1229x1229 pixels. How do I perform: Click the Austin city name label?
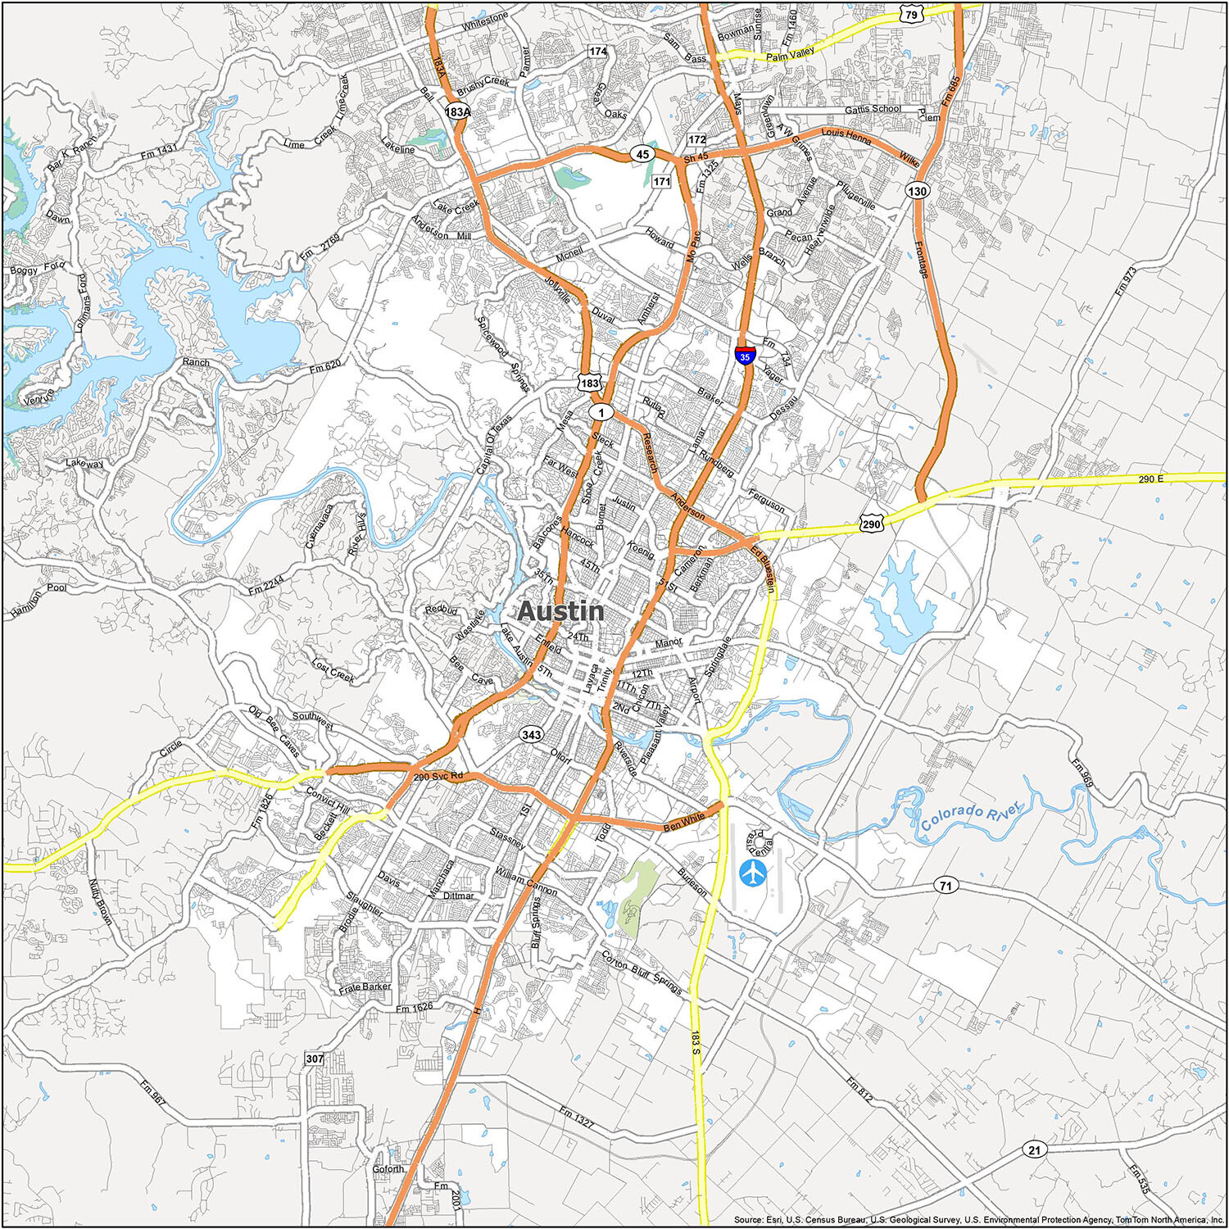tap(560, 611)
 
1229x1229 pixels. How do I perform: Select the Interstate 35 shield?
tap(744, 356)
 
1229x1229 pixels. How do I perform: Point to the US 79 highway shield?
tap(911, 13)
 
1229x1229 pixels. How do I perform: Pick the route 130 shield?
tap(917, 191)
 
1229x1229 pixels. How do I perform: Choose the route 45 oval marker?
tap(642, 154)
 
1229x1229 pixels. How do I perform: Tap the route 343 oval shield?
tap(531, 735)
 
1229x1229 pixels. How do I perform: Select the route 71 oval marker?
tap(946, 885)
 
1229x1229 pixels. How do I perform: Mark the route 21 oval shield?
tap(1034, 1150)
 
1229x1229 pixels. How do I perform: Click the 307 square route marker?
tap(315, 1059)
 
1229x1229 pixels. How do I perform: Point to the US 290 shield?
tap(871, 524)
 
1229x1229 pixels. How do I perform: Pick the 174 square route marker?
tap(597, 51)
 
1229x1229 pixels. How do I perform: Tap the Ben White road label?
tap(683, 822)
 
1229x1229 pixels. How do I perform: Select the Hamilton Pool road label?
tap(39, 600)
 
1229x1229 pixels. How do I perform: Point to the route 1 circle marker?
tap(601, 412)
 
